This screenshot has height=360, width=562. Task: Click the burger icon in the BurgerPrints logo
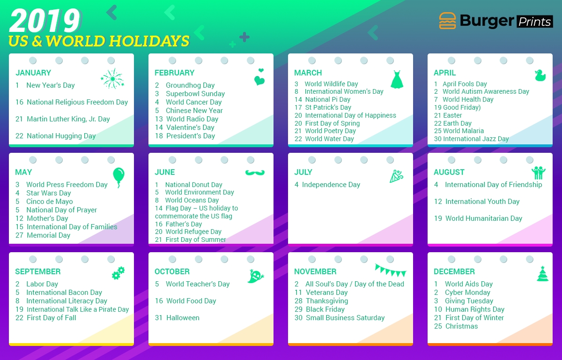tap(447, 21)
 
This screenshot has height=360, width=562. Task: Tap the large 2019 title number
tap(45, 21)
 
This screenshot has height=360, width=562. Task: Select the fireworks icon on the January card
tap(112, 79)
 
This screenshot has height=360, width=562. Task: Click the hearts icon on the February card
tap(259, 77)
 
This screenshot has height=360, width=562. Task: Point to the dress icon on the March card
tap(397, 79)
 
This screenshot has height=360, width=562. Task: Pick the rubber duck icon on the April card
tap(540, 75)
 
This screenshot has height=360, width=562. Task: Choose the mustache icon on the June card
tap(255, 172)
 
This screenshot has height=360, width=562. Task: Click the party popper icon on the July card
tap(396, 176)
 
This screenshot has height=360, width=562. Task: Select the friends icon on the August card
tap(539, 172)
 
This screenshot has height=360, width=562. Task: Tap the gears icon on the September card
tap(118, 273)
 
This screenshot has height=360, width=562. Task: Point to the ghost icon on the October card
tap(255, 276)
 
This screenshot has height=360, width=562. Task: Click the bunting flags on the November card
tap(391, 270)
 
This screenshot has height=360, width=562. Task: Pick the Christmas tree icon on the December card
tap(542, 274)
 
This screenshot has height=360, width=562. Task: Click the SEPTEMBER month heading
tap(38, 271)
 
